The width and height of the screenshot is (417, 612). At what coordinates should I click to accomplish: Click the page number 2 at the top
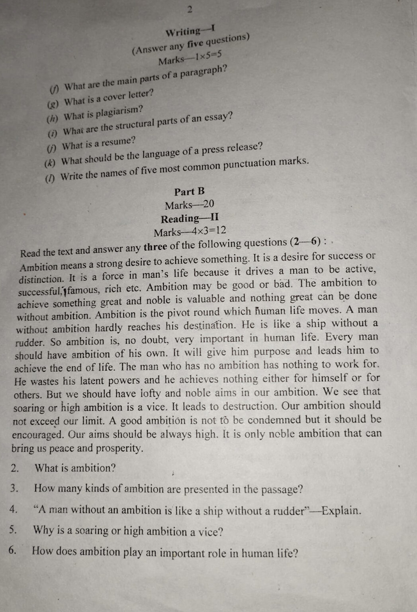[190, 10]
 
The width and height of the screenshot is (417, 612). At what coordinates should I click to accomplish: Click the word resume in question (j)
[118, 142]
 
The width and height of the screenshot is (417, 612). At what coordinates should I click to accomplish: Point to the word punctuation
[249, 164]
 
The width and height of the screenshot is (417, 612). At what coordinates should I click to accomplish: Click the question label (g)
[53, 104]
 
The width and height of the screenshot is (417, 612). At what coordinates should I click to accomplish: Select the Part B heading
[189, 192]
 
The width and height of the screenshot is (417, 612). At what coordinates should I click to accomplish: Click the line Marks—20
[189, 205]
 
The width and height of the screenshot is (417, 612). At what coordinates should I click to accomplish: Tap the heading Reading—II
[190, 218]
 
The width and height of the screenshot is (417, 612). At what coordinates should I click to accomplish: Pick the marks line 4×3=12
[190, 231]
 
